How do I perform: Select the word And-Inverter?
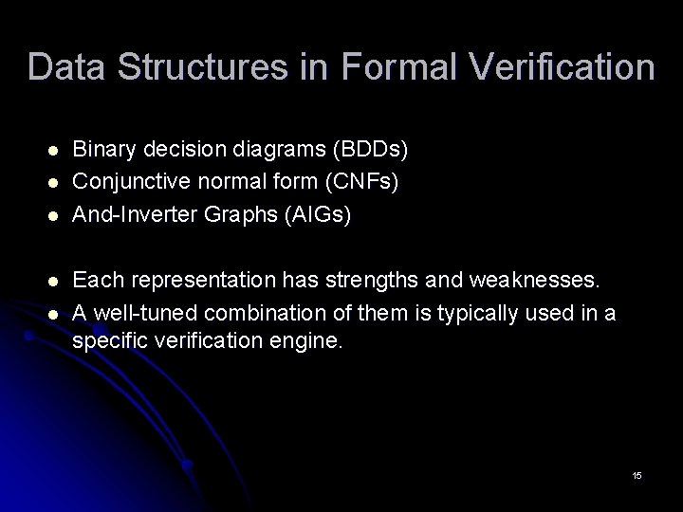point(136,215)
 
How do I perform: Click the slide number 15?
point(637,474)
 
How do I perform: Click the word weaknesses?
point(538,281)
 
